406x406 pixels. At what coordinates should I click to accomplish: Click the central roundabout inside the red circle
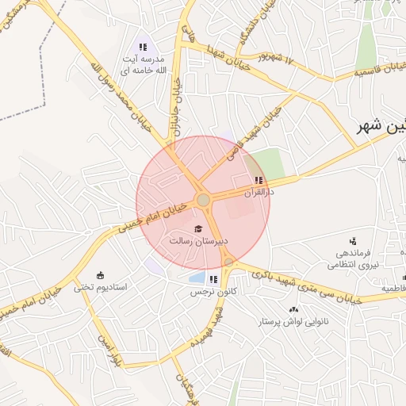203,200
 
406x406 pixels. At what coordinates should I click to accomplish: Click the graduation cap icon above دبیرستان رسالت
197,228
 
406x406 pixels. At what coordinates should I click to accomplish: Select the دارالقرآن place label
259,192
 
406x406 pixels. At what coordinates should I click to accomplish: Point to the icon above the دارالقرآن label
259,180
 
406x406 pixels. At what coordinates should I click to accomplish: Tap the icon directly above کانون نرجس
213,279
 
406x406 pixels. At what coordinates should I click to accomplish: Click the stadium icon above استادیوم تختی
100,274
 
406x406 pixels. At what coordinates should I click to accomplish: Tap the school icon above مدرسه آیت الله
143,46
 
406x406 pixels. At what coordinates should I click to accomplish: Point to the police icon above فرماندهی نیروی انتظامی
353,240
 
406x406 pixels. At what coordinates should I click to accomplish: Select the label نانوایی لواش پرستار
294,322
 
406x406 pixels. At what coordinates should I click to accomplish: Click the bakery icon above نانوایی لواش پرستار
294,309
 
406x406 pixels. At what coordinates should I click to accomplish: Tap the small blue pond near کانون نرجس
196,278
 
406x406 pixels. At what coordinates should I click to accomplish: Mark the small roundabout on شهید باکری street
229,262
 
